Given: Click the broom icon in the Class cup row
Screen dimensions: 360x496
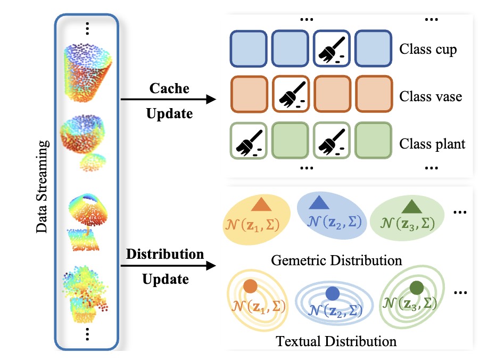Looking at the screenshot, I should click(332, 51).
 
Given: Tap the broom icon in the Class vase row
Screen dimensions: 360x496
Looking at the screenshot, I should click(291, 96).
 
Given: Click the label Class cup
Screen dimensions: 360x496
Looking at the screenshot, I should click(428, 51).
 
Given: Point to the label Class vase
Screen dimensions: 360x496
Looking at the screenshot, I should click(430, 97).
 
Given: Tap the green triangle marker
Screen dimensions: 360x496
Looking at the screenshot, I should click(411, 206).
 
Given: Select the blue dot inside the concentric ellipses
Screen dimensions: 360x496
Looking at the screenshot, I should click(332, 293).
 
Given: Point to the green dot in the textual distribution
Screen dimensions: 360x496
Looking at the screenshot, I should click(417, 288).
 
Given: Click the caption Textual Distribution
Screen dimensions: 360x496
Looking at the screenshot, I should click(336, 341).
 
